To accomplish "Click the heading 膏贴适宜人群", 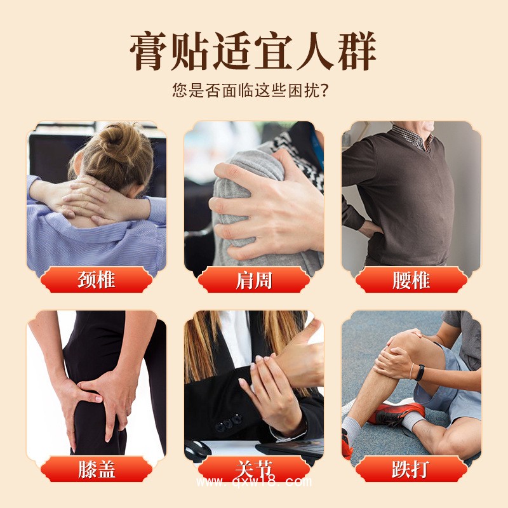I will pos(253,52).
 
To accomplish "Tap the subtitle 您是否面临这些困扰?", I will pos(253,90).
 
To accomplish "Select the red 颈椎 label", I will pos(96,280).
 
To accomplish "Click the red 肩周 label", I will pos(253,280).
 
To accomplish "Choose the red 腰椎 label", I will pos(411,280).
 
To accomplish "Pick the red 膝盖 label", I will pos(96,469).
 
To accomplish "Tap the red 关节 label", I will pos(253,469).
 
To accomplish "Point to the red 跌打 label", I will pos(411,469).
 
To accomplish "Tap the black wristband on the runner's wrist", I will pos(420,373).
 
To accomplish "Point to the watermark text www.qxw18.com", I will pos(254,482).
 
